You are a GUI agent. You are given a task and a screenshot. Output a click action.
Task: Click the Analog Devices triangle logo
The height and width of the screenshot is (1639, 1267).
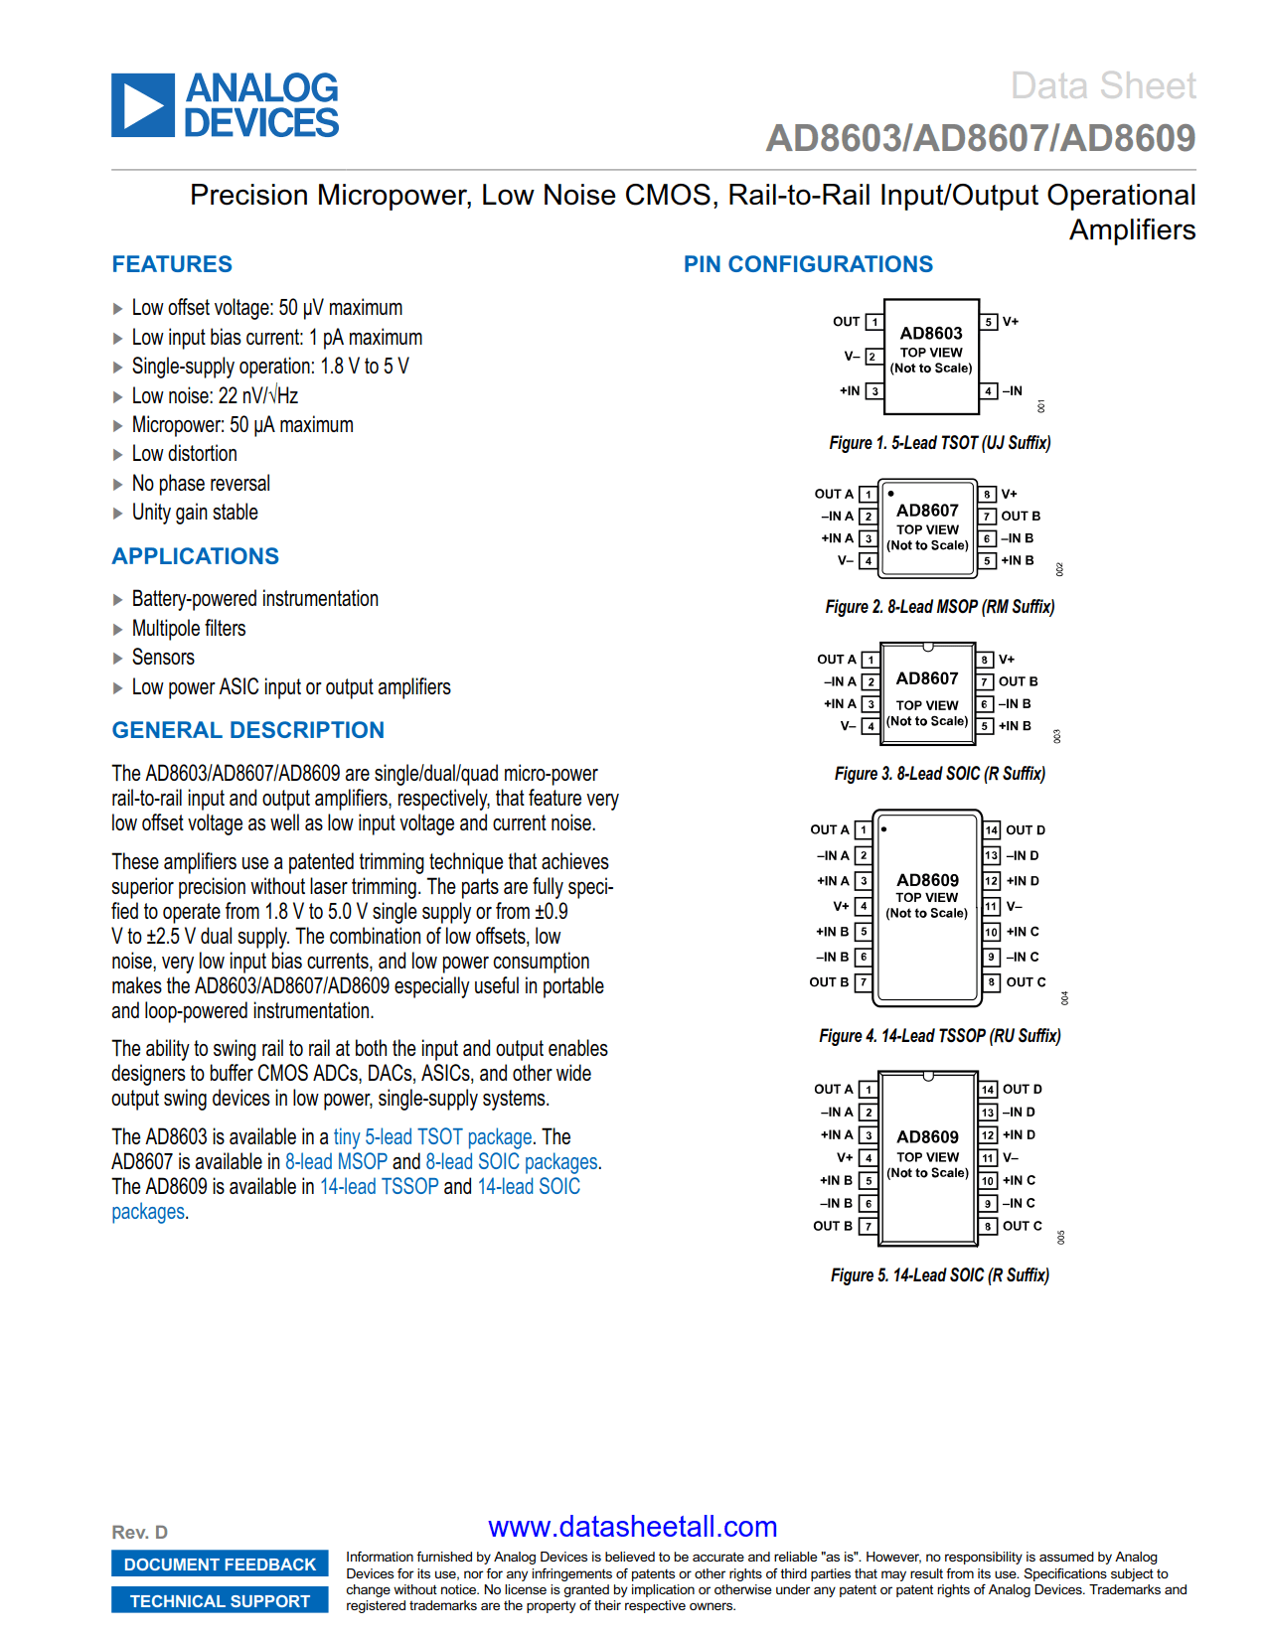(x=143, y=105)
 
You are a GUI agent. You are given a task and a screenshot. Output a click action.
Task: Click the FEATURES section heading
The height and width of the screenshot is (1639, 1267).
(x=172, y=264)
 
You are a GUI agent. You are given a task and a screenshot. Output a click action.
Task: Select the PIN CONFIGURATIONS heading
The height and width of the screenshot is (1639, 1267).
(x=807, y=264)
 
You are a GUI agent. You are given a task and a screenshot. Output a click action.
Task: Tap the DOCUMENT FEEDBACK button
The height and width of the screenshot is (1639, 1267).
(x=220, y=1564)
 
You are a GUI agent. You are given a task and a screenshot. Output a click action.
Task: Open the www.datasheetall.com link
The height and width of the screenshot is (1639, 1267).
(x=632, y=1527)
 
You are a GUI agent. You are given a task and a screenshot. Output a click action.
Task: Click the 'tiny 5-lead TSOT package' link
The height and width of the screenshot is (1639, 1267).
(x=433, y=1137)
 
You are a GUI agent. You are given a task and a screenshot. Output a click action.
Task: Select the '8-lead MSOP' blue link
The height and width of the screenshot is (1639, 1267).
(x=336, y=1162)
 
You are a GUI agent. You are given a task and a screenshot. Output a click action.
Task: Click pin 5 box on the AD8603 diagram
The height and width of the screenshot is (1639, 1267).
(x=989, y=322)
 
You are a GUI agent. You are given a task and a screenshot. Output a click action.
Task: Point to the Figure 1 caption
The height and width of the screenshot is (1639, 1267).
(x=939, y=443)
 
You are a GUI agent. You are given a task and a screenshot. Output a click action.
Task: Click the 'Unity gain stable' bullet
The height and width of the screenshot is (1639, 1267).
(x=195, y=513)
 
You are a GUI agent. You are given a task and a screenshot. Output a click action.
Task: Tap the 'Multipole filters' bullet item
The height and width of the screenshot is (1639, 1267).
(x=189, y=629)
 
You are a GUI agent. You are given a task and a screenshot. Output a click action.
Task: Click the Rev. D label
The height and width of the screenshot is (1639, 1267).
(x=140, y=1533)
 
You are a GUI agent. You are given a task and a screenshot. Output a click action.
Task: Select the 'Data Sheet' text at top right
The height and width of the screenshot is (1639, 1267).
(x=1102, y=86)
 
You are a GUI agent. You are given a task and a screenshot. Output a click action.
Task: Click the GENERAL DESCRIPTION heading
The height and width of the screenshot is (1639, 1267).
(x=247, y=730)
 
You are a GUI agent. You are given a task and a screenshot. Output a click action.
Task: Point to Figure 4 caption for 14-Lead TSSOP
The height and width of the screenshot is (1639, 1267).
(x=939, y=1036)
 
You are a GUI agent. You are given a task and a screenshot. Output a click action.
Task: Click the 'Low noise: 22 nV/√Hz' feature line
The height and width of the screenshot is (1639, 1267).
(x=215, y=396)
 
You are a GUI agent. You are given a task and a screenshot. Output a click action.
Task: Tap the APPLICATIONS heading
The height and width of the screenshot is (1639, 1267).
(x=195, y=556)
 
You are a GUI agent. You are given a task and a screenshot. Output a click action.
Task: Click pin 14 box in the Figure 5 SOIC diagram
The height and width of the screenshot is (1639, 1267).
(x=988, y=1090)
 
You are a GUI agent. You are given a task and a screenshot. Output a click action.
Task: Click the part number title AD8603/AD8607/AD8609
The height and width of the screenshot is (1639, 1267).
(x=980, y=138)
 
